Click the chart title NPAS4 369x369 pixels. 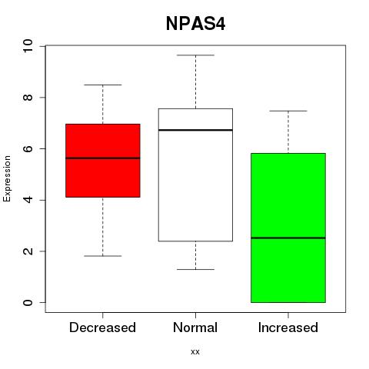(x=195, y=24)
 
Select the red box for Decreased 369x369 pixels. (x=103, y=161)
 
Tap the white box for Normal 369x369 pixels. (x=195, y=175)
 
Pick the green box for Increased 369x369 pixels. (x=288, y=228)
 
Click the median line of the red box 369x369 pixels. (x=103, y=158)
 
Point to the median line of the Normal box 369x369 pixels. (x=195, y=130)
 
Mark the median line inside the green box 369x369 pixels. (x=288, y=238)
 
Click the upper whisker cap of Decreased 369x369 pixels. (x=103, y=85)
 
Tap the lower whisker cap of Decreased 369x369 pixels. (x=103, y=256)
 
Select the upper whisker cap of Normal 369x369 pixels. (x=195, y=55)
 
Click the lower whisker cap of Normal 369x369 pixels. (x=195, y=269)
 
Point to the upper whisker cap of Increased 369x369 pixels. (x=288, y=111)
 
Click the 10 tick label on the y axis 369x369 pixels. (x=28, y=46)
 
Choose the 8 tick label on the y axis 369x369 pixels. (x=28, y=98)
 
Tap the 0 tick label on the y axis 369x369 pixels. (x=28, y=302)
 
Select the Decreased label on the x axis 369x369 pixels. (x=102, y=327)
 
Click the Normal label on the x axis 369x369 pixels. (x=195, y=327)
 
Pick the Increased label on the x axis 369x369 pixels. (x=288, y=327)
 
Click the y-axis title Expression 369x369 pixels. (x=7, y=178)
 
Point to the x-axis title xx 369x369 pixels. (x=195, y=352)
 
